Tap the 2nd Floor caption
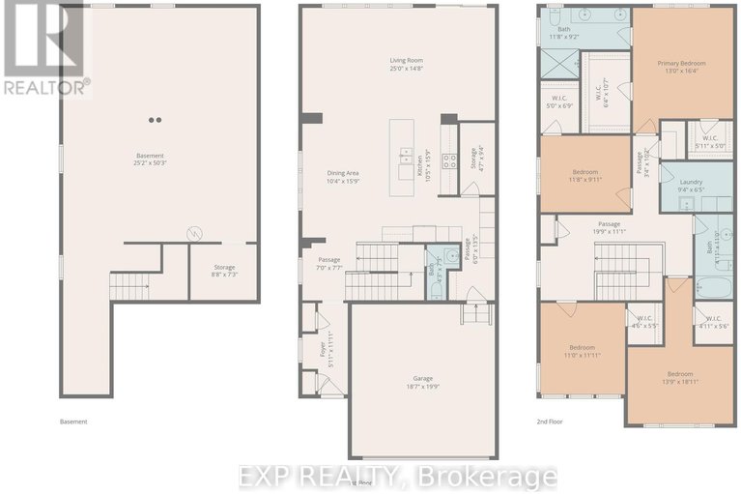(550, 421)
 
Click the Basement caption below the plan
(73, 421)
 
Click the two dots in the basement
(155, 120)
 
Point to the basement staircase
(129, 286)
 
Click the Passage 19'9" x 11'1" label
(609, 227)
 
